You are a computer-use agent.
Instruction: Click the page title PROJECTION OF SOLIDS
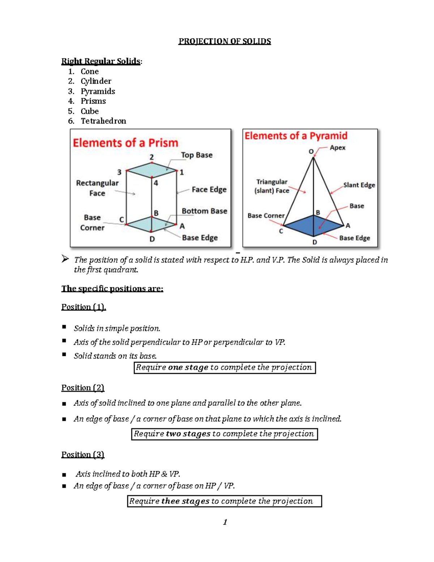pyautogui.click(x=224, y=41)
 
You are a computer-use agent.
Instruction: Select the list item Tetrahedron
pyautogui.click(x=103, y=121)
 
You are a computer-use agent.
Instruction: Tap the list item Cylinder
pyautogui.click(x=96, y=81)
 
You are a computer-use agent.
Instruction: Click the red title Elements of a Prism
pyautogui.click(x=125, y=143)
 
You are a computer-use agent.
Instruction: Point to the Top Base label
pyautogui.click(x=196, y=155)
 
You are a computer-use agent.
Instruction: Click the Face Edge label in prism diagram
pyautogui.click(x=209, y=189)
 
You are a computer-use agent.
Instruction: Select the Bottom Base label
pyautogui.click(x=204, y=211)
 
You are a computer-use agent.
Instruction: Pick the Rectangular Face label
pyautogui.click(x=97, y=188)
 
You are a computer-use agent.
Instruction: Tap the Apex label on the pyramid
pyautogui.click(x=337, y=148)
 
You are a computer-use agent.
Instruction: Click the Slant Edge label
pyautogui.click(x=359, y=185)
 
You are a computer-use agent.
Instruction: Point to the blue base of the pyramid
pyautogui.click(x=313, y=226)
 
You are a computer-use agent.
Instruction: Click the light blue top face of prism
pyautogui.click(x=152, y=170)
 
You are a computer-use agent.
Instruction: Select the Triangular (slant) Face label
pyautogui.click(x=272, y=186)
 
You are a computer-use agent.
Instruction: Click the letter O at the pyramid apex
pyautogui.click(x=311, y=151)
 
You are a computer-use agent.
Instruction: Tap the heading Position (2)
pyautogui.click(x=83, y=388)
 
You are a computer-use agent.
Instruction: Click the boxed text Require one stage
pyautogui.click(x=224, y=367)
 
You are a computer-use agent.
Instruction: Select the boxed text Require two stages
pyautogui.click(x=224, y=434)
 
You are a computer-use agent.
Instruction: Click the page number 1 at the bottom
pyautogui.click(x=225, y=521)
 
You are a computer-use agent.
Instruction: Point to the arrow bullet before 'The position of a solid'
pyautogui.click(x=65, y=258)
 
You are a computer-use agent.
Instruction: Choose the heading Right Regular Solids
pyautogui.click(x=101, y=61)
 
